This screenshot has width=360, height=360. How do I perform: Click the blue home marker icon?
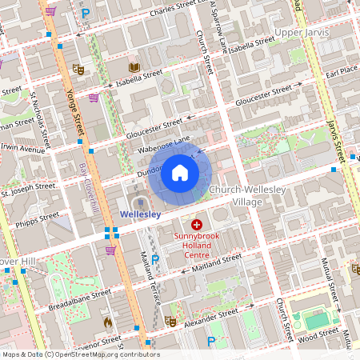[179, 173]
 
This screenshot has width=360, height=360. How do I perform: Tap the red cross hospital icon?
[196, 226]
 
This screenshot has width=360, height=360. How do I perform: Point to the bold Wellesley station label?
[140, 214]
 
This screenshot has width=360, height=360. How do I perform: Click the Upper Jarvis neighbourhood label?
[301, 32]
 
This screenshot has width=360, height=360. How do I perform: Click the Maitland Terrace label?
[149, 272]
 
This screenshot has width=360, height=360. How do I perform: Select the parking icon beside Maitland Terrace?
[155, 259]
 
